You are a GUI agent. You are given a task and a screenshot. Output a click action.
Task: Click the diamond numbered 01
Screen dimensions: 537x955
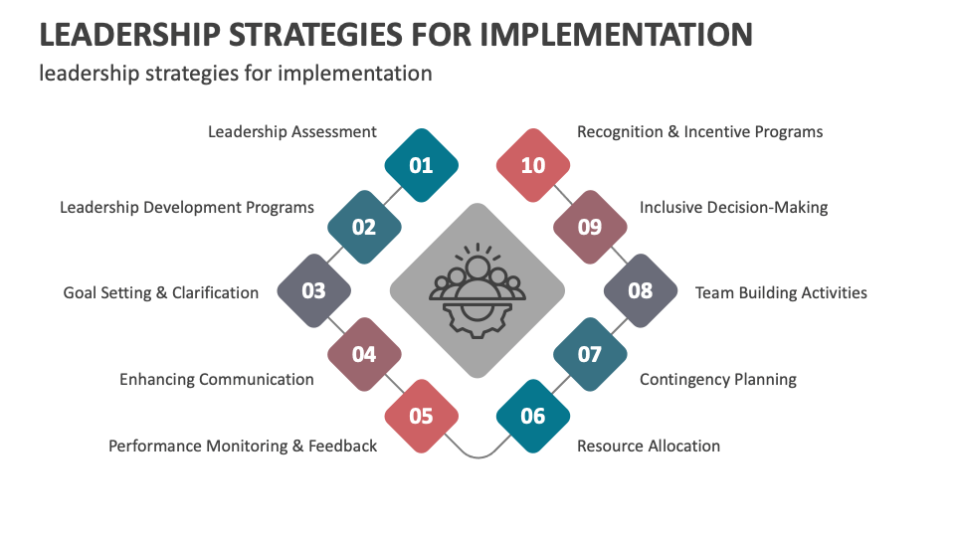(422, 165)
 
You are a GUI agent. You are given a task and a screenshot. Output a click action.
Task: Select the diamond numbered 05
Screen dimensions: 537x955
(422, 416)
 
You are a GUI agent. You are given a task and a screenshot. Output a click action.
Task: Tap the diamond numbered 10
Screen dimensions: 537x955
(533, 165)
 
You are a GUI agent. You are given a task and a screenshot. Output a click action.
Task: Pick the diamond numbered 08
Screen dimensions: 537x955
(642, 291)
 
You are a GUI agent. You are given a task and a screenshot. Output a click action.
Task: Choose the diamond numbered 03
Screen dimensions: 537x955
(313, 291)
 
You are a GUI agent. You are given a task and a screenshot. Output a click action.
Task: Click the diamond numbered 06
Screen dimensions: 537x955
(533, 416)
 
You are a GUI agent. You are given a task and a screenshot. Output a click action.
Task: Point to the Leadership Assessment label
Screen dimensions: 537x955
(292, 131)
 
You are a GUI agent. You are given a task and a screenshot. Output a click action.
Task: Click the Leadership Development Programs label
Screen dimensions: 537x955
(187, 207)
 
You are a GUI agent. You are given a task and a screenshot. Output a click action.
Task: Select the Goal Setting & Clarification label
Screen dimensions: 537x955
(161, 292)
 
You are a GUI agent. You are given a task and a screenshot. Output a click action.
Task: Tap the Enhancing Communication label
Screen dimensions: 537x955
(217, 379)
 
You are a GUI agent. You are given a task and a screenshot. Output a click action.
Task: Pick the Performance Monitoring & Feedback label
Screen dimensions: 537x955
(243, 446)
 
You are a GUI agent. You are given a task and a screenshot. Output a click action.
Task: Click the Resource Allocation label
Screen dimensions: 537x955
(649, 446)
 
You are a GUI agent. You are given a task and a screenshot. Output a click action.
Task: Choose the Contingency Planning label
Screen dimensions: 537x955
(718, 379)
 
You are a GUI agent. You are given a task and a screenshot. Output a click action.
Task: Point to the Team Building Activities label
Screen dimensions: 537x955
(781, 292)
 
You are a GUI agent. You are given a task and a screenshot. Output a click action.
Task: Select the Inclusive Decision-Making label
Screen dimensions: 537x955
(733, 207)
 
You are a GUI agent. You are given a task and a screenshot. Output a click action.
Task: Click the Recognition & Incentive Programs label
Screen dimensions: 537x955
(700, 131)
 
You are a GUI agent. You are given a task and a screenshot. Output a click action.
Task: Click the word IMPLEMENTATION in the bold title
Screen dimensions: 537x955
(616, 34)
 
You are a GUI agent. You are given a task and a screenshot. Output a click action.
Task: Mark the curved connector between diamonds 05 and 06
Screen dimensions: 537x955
(477, 455)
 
